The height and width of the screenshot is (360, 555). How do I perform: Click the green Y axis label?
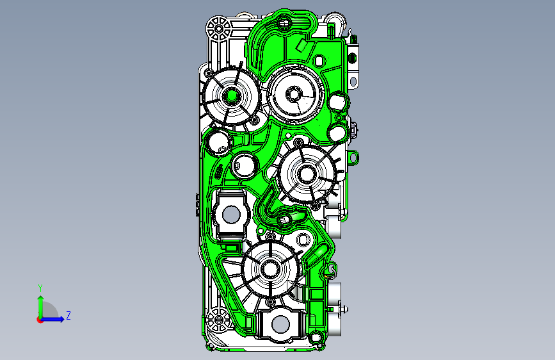40,288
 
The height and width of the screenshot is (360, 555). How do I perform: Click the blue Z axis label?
68,315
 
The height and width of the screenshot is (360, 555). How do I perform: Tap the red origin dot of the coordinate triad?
40,320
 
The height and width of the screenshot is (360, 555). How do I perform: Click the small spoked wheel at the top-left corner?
219,28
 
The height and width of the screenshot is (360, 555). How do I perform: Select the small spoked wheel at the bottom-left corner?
218,320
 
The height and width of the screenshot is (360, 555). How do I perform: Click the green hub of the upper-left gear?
232,95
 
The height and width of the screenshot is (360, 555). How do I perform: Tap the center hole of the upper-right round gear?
293,94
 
